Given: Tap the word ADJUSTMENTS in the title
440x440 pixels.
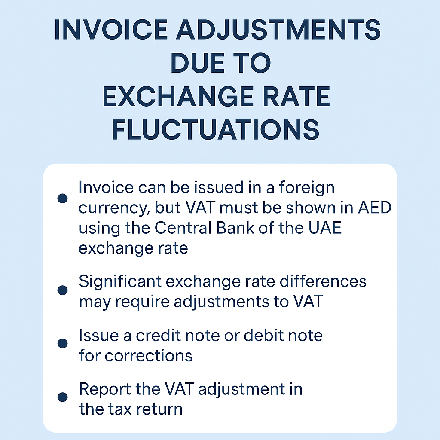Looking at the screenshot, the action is tap(278, 30).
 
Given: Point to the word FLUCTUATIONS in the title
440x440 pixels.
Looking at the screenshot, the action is tap(216, 130).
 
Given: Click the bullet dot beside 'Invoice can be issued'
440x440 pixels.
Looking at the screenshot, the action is tap(62, 198).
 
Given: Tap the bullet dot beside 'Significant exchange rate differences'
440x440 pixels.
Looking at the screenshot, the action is tap(62, 290).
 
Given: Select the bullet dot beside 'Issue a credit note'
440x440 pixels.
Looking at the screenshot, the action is tap(62, 343).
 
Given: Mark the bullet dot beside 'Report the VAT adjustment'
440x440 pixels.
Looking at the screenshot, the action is tap(62, 397).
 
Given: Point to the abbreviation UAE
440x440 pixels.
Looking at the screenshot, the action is tap(325, 228).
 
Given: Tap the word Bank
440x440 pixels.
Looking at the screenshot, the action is tap(235, 228).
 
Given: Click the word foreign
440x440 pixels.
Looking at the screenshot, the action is tap(307, 189).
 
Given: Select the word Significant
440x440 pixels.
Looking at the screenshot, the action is tap(120, 282).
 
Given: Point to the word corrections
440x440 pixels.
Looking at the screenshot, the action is tap(149, 356).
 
